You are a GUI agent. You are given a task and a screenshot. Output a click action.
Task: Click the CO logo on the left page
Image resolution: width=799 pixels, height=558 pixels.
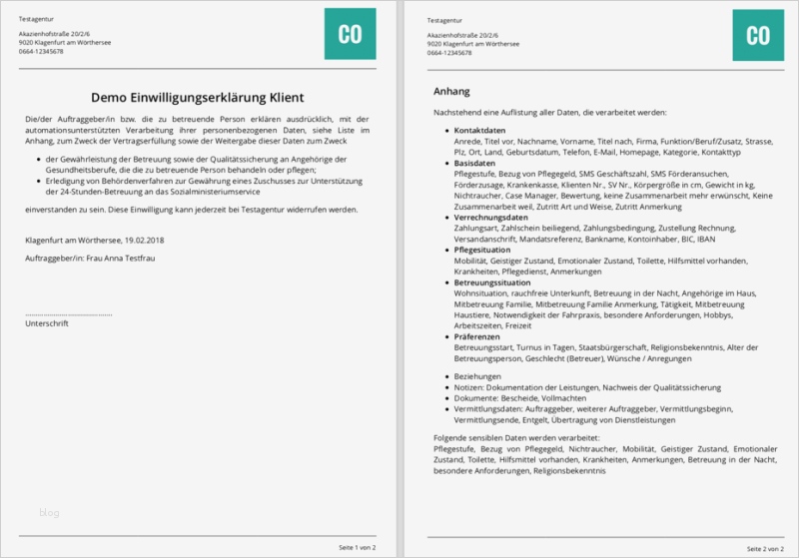pos(350,34)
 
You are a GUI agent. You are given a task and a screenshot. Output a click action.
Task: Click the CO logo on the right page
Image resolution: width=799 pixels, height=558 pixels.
pos(758,34)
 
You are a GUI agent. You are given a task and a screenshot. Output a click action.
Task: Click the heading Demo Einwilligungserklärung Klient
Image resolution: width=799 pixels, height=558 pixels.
pos(198,98)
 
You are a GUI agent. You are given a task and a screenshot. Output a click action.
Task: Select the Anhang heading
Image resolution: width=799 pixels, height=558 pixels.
pos(452,91)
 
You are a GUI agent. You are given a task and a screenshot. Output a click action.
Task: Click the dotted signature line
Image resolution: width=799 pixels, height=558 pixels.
pos(68,314)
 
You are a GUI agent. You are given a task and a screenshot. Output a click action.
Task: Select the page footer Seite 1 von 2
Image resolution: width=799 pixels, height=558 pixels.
pos(357,548)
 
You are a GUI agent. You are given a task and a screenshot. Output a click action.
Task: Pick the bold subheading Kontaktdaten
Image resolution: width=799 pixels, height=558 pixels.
pos(479,131)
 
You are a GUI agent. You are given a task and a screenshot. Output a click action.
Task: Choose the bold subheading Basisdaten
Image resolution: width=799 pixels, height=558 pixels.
pos(474,162)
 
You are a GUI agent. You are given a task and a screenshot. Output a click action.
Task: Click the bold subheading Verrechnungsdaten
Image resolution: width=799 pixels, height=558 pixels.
pos(491,217)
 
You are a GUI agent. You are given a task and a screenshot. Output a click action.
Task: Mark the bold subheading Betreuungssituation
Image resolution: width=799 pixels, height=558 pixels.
pos(493,282)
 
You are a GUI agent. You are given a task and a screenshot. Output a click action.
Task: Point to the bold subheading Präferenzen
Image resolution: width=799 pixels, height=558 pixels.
pos(478,337)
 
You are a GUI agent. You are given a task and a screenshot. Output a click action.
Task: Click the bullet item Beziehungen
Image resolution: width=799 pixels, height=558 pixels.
pos(477,375)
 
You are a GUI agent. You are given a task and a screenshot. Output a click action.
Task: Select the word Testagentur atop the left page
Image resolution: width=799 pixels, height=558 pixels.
pos(41,20)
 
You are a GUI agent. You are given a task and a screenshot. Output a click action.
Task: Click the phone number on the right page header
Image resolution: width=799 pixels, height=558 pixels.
pos(448,52)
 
